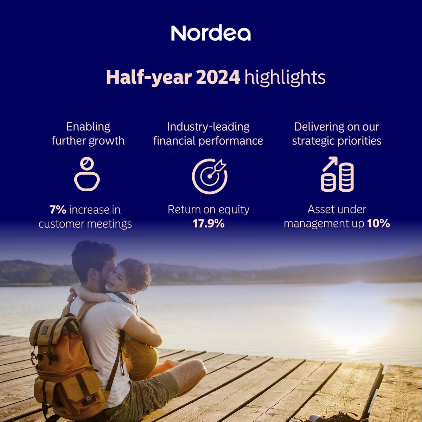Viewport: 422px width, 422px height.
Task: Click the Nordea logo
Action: tap(211, 33)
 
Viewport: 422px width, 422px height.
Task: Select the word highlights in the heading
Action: tap(285, 78)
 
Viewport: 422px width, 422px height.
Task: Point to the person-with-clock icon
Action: tap(87, 174)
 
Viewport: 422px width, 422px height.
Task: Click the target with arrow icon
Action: tap(210, 176)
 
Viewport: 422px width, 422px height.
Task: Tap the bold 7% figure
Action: tap(58, 210)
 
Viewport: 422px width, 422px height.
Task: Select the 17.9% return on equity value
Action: tap(209, 224)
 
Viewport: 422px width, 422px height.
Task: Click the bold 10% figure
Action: tap(378, 224)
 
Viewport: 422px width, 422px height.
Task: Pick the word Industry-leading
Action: tap(208, 127)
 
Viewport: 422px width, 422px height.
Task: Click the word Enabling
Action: tap(88, 127)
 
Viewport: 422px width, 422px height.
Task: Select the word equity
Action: tap(234, 210)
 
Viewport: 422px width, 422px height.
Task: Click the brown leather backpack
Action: tap(63, 362)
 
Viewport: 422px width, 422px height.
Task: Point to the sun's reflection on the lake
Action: tap(355, 316)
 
